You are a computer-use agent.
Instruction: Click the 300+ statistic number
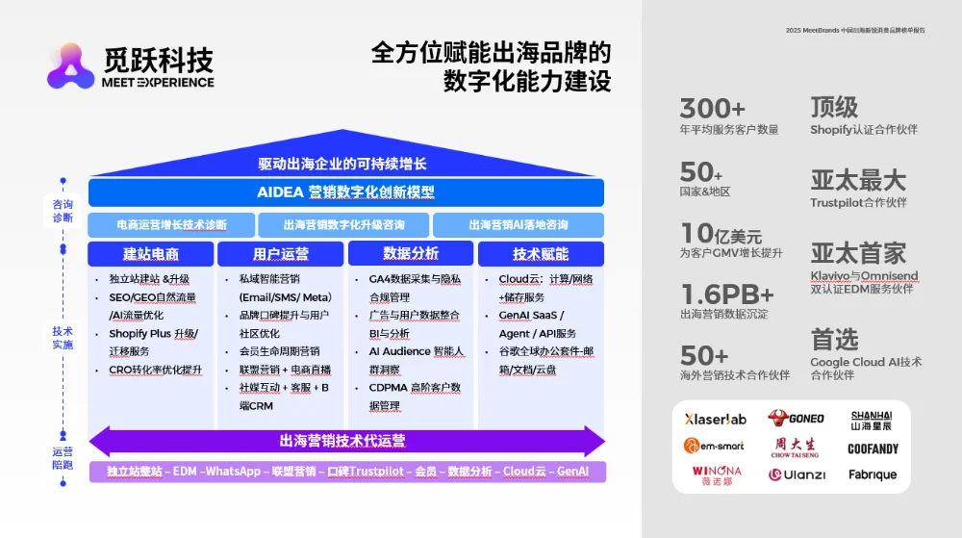pyautogui.click(x=712, y=108)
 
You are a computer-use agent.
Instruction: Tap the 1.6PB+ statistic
pyautogui.click(x=727, y=294)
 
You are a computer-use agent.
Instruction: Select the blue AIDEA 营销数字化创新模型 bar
pyautogui.click(x=345, y=192)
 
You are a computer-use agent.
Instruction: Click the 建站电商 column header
pyautogui.click(x=151, y=254)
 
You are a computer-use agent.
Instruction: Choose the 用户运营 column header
pyautogui.click(x=281, y=254)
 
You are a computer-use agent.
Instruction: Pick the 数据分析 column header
pyautogui.click(x=411, y=254)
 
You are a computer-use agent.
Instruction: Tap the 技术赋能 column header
pyautogui.click(x=541, y=254)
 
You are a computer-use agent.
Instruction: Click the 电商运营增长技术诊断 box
pyautogui.click(x=171, y=225)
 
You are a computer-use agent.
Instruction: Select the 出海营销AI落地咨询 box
pyautogui.click(x=519, y=225)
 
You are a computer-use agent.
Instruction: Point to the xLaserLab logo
pyautogui.click(x=715, y=419)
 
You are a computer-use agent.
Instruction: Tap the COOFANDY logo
pyautogui.click(x=873, y=448)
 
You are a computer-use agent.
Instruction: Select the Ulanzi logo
pyautogui.click(x=797, y=474)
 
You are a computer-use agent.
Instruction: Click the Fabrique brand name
pyautogui.click(x=873, y=474)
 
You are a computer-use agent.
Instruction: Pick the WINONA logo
pyautogui.click(x=716, y=474)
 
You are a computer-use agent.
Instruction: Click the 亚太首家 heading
pyautogui.click(x=858, y=252)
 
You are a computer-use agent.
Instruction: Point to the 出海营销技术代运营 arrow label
pyautogui.click(x=342, y=441)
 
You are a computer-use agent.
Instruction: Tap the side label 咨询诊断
pyautogui.click(x=63, y=211)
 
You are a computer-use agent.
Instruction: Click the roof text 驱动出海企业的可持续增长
pyautogui.click(x=342, y=164)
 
